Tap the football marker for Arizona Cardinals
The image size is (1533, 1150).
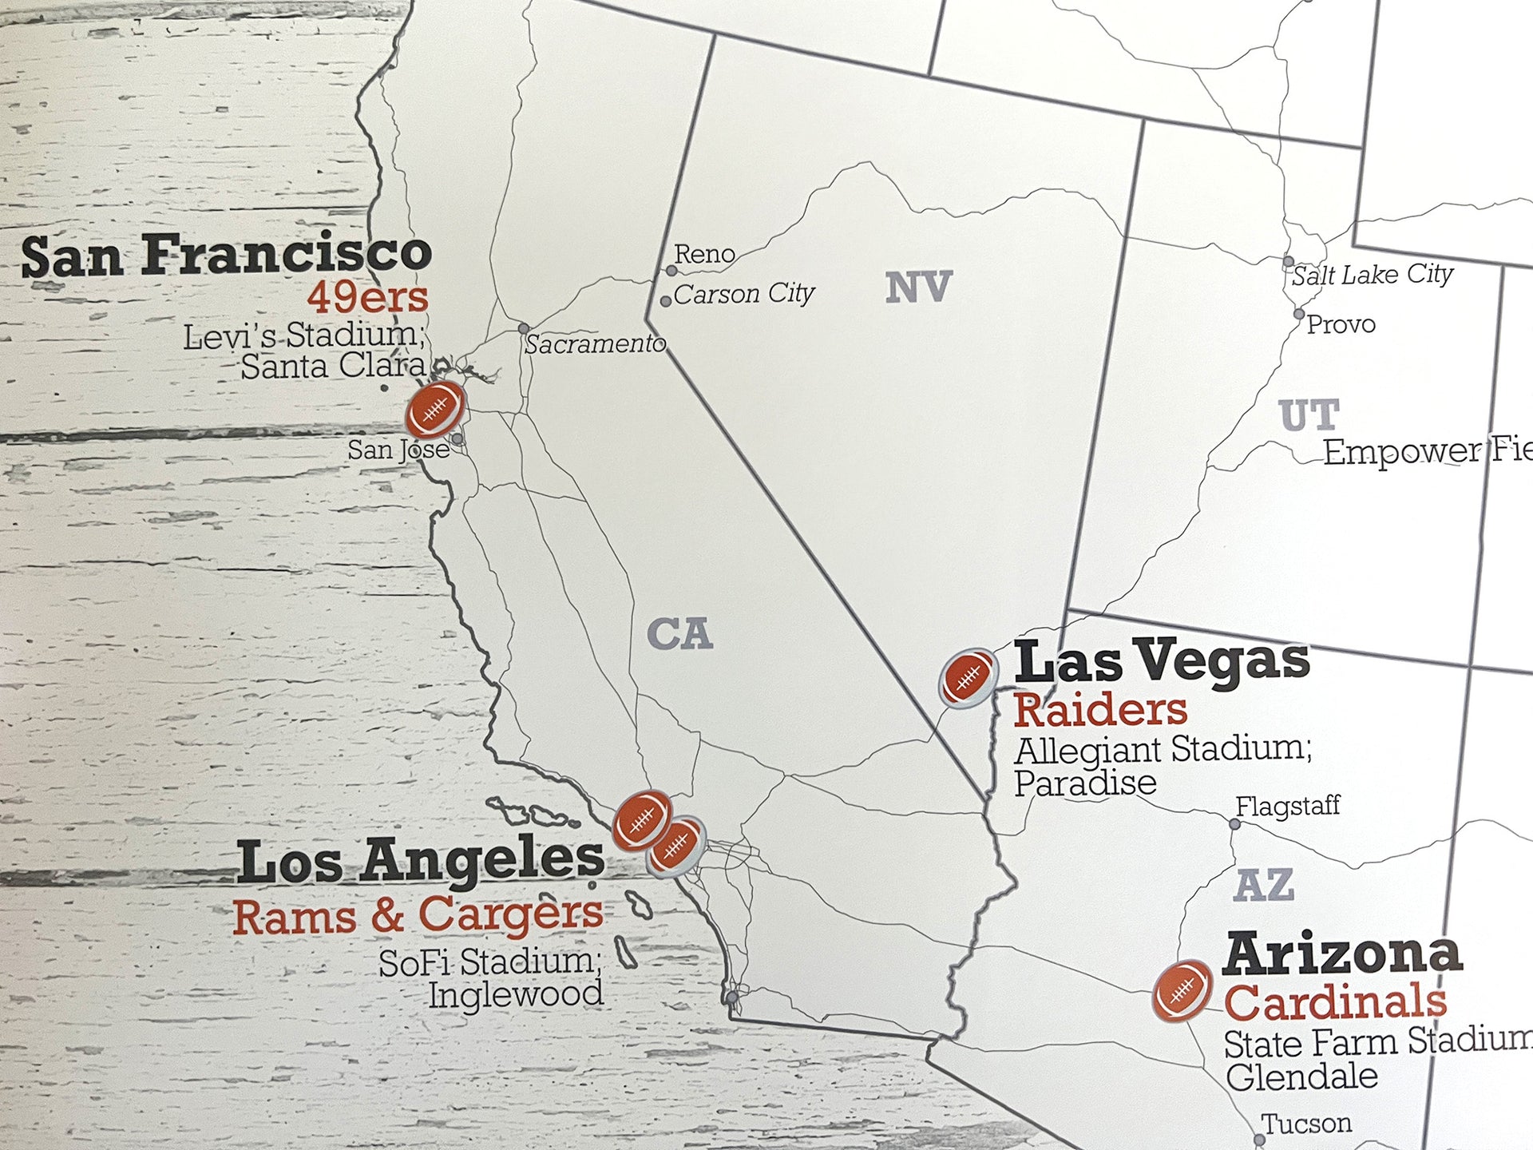[x=1182, y=990]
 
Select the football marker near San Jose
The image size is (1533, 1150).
[x=435, y=410]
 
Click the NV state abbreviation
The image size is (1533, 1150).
[x=918, y=287]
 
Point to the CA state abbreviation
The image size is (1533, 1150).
[x=679, y=635]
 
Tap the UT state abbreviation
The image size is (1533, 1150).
[x=1308, y=415]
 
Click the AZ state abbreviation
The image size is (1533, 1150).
[x=1263, y=886]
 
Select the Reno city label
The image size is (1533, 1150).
[x=704, y=254]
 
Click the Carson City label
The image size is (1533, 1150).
[x=743, y=294]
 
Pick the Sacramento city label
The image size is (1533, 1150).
[x=594, y=344]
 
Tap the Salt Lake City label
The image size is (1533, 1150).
[x=1372, y=275]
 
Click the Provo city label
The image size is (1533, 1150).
[x=1341, y=324]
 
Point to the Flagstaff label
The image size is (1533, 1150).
[x=1287, y=806]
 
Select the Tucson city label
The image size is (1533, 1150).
[x=1306, y=1124]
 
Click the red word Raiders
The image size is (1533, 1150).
[x=1100, y=710]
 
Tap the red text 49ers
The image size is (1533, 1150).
[x=367, y=298]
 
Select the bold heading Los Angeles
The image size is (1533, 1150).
[x=421, y=862]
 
